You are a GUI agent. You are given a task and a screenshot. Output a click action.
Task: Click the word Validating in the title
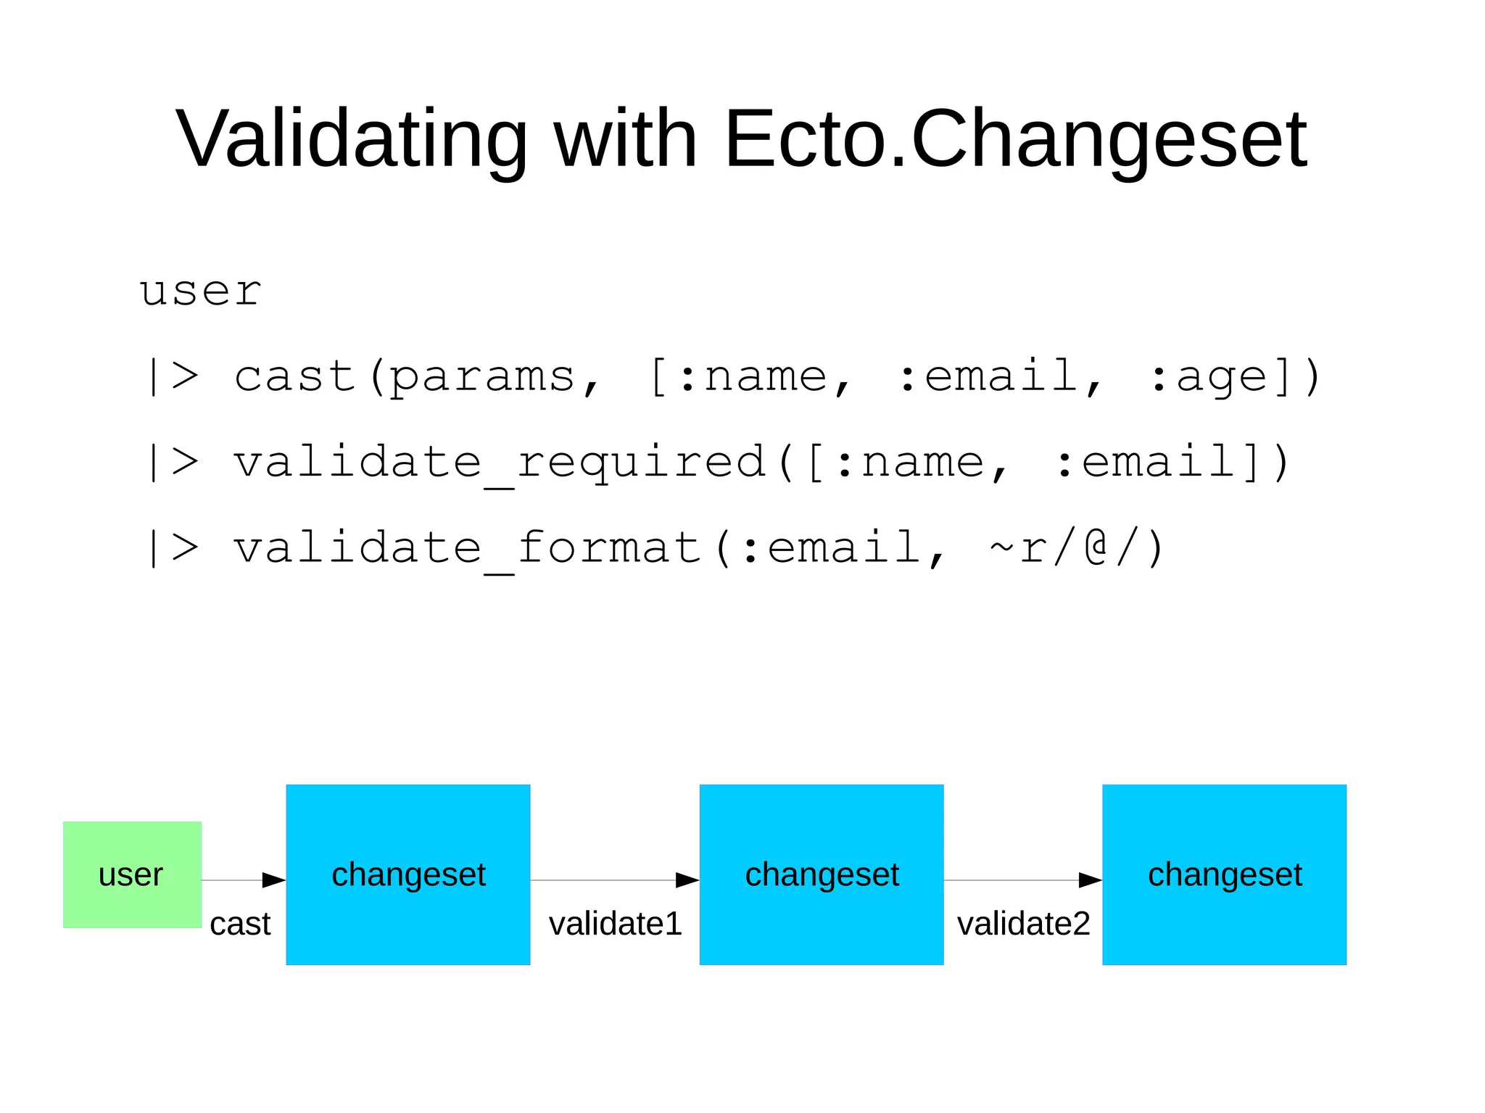pos(352,138)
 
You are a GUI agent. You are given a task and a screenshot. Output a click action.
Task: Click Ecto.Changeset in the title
pos(1015,138)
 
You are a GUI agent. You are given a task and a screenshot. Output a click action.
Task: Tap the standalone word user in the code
pos(200,291)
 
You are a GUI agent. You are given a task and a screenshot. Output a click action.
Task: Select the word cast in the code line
pos(294,376)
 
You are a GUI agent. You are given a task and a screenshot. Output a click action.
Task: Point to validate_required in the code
pos(499,462)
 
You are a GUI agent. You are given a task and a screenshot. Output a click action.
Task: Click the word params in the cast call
pos(482,376)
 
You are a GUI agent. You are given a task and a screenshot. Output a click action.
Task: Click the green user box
pos(132,874)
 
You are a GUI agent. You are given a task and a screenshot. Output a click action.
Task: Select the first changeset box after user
pos(408,874)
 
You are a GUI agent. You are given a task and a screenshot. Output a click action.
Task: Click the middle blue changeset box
pos(822,874)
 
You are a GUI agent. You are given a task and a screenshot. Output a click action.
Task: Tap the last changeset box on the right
pos(1225,874)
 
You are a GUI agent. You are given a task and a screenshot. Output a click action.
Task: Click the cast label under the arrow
pos(240,924)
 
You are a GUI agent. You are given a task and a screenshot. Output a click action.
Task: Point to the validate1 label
pos(616,924)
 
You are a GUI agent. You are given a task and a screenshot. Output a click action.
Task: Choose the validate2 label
pos(1024,924)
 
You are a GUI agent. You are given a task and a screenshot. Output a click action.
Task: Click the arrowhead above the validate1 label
pos(687,880)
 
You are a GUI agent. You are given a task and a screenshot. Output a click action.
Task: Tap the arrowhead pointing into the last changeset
pos(1090,880)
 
